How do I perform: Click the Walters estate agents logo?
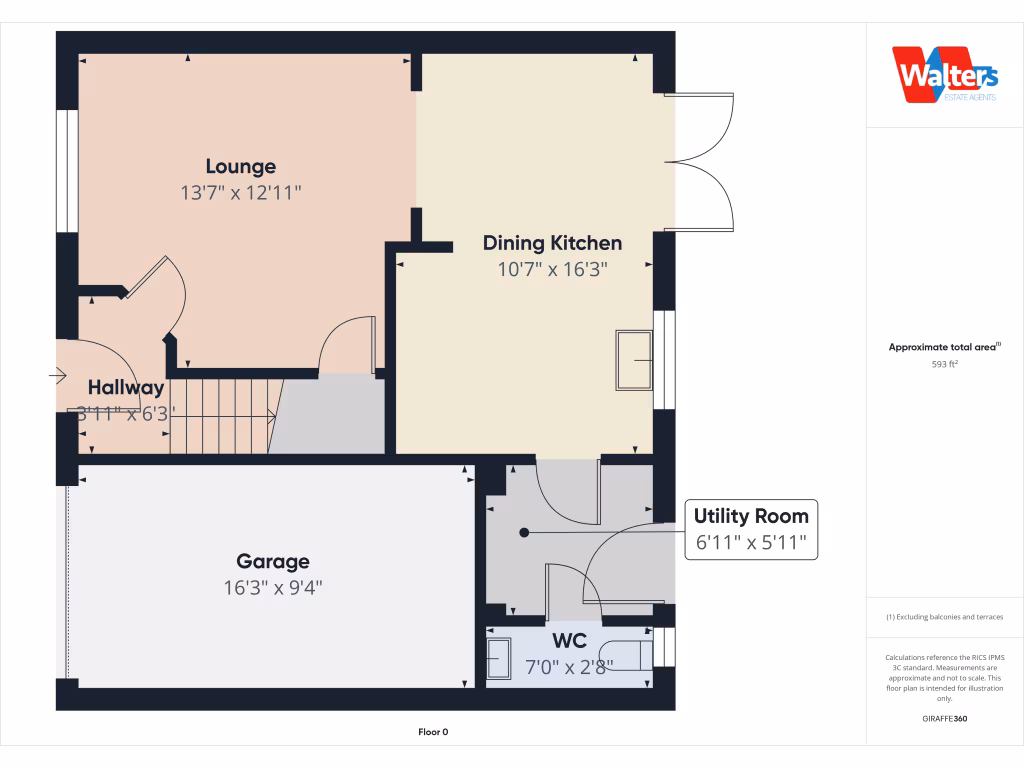tap(944, 75)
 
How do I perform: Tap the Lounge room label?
tap(240, 166)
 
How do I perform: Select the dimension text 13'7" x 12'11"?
tap(240, 193)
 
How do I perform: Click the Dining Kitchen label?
tap(552, 243)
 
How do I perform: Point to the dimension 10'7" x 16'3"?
tap(552, 269)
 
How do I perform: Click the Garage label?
tap(272, 562)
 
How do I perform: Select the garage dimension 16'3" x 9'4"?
tap(272, 588)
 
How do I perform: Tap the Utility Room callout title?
tap(751, 516)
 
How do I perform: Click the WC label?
tap(569, 640)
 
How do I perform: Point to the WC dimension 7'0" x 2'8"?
tap(569, 667)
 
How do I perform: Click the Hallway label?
tap(125, 388)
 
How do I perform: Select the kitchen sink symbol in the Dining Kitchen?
tap(634, 360)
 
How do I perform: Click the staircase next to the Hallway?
tap(222, 416)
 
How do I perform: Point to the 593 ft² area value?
tap(944, 365)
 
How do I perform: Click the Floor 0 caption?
tap(432, 732)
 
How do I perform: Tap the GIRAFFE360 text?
tap(944, 718)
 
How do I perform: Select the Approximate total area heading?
tap(944, 347)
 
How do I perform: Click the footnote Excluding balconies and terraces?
tap(944, 617)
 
